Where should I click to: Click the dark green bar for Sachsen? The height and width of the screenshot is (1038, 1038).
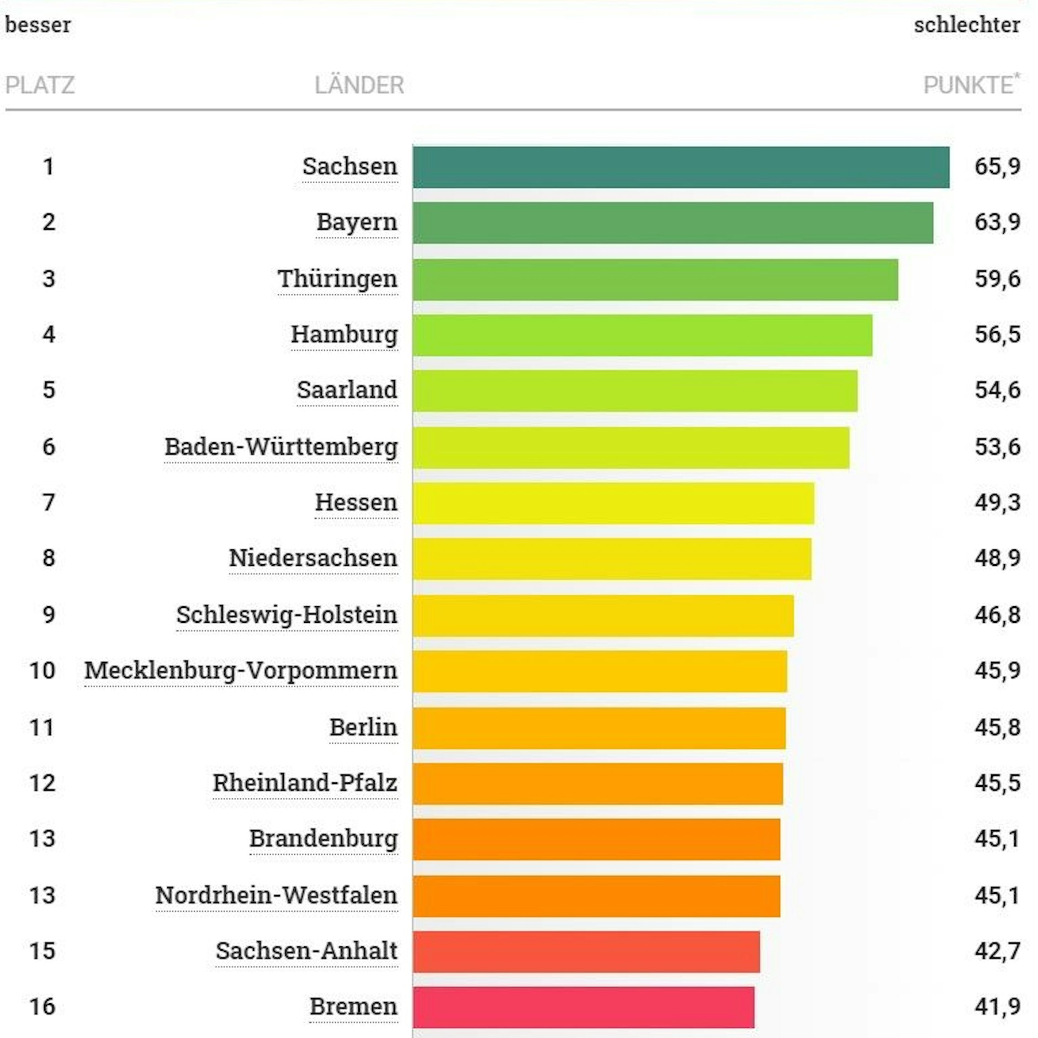point(681,167)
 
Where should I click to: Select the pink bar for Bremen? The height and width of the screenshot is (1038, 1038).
point(584,1007)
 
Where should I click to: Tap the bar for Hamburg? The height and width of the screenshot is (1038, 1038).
point(642,335)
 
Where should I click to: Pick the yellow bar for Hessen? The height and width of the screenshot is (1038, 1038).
point(613,503)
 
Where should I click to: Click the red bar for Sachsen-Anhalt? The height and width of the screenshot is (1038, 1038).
point(586,951)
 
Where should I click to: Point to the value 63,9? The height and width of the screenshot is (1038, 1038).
point(997,223)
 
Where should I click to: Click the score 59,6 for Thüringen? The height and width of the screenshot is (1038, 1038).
point(997,279)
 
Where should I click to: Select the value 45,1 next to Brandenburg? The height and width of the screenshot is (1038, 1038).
point(997,839)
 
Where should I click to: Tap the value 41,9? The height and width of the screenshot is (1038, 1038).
point(997,1007)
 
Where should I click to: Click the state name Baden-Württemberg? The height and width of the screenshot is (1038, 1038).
point(281,447)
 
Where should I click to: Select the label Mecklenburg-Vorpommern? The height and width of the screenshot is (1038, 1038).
point(241,671)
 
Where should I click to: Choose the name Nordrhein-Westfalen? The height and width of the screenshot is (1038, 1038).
point(276,895)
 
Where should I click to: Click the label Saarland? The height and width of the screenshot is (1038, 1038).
point(347,390)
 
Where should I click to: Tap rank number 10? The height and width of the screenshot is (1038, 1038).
point(43,671)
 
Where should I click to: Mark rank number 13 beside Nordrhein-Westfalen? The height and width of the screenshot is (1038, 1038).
point(43,895)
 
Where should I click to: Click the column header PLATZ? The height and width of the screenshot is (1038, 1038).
point(40,86)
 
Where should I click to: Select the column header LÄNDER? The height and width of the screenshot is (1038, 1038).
point(359,86)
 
